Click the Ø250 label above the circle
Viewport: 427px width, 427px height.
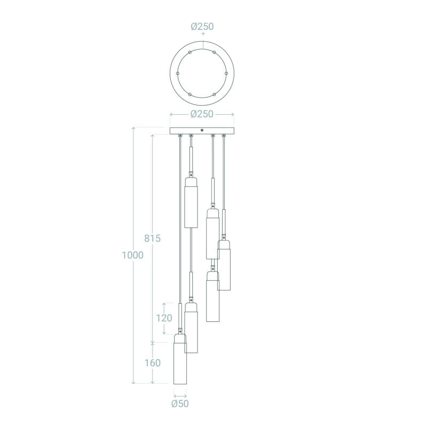click(x=202, y=26)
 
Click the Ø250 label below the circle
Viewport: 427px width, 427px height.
click(x=202, y=114)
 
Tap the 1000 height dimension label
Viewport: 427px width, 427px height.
click(x=132, y=255)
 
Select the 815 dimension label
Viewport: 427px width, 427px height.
click(x=153, y=238)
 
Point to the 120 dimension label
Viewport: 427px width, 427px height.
click(x=164, y=318)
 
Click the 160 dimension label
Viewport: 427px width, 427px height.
click(x=153, y=363)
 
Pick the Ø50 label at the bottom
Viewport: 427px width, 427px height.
click(x=180, y=404)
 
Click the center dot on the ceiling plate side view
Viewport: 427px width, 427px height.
click(x=202, y=130)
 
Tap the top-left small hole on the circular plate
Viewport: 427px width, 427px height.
click(x=190, y=52)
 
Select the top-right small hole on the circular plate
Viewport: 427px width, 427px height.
click(x=215, y=52)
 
